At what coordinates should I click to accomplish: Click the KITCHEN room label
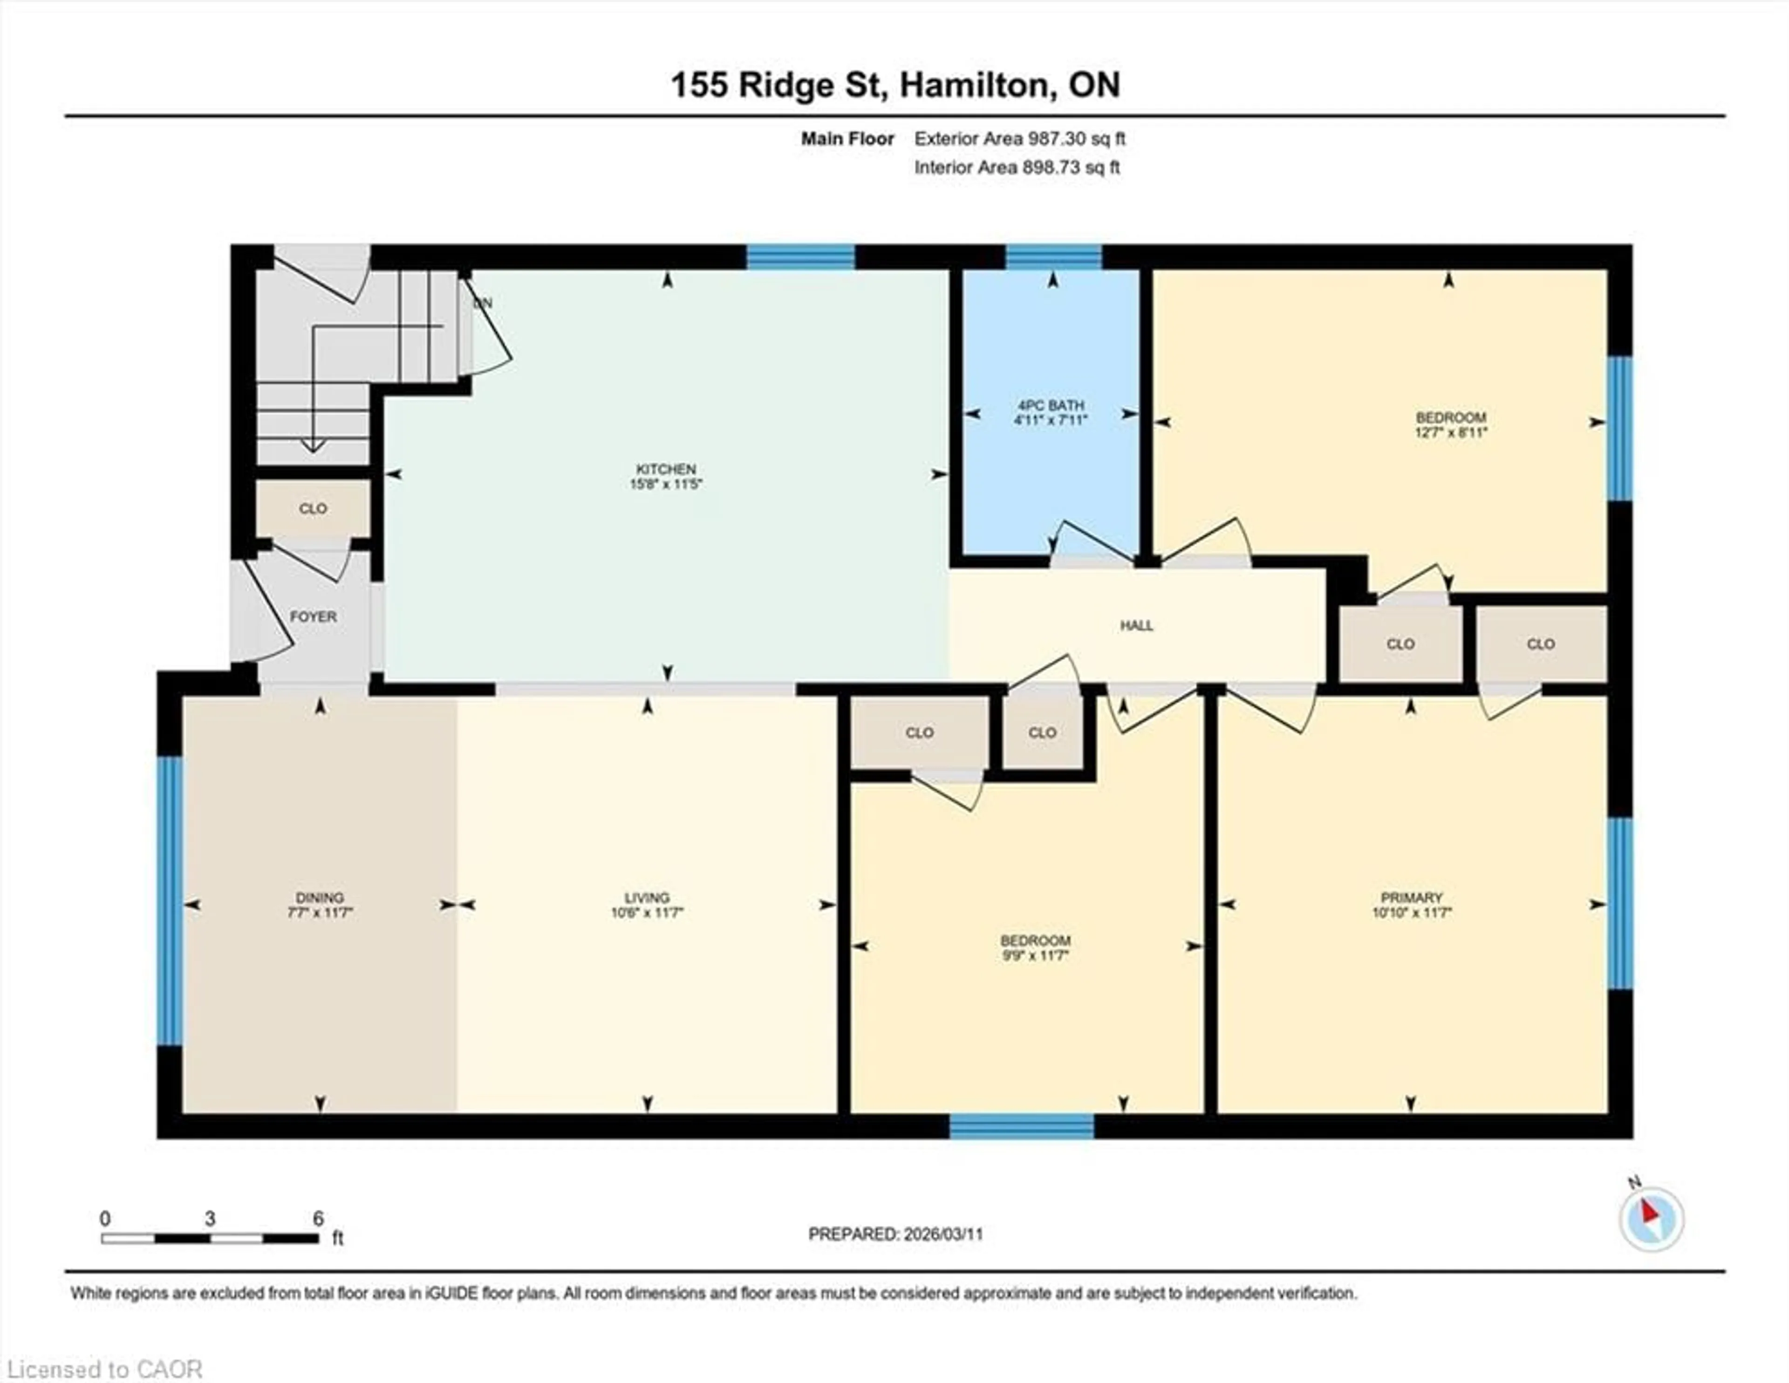(x=665, y=469)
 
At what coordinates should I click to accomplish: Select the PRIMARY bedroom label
(x=1411, y=897)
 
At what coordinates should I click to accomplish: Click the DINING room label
(x=320, y=897)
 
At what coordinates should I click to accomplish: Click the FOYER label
(x=313, y=617)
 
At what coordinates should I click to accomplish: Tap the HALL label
(x=1136, y=625)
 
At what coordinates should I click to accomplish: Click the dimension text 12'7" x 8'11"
(x=1451, y=432)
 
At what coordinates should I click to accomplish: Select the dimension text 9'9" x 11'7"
(x=1035, y=955)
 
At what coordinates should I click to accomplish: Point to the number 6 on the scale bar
(x=318, y=1219)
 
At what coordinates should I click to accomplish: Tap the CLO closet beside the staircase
(x=313, y=508)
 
